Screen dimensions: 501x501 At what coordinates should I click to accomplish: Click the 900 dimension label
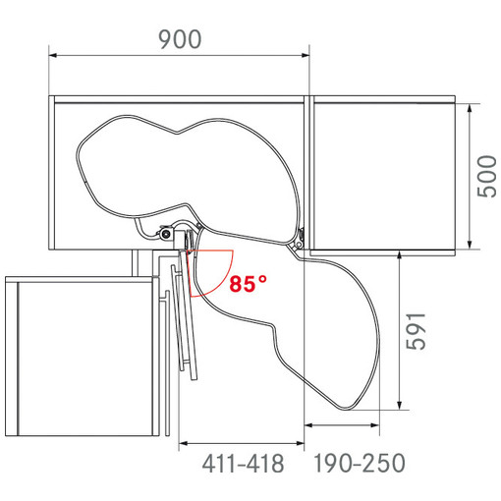(180, 39)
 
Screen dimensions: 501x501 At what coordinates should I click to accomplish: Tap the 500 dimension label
(486, 176)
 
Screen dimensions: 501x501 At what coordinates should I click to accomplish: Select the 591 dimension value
(416, 331)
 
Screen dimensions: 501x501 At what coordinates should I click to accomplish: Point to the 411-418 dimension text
(243, 464)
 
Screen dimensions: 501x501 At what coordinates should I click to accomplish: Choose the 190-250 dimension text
(360, 463)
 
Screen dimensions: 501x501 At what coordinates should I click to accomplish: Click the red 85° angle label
(248, 284)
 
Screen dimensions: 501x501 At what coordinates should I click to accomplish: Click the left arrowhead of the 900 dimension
(53, 55)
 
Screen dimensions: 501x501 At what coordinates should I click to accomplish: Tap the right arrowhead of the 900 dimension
(306, 55)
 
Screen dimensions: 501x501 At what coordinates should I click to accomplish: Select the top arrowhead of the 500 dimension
(470, 108)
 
